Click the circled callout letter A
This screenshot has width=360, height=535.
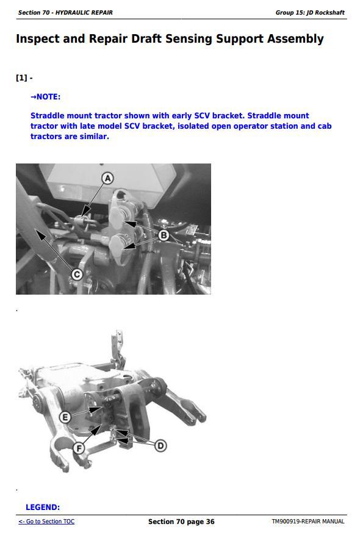[107, 178]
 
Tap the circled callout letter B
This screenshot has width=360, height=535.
[164, 235]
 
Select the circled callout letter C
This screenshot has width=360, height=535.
[77, 275]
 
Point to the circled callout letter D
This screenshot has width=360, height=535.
[160, 445]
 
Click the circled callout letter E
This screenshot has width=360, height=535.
[65, 417]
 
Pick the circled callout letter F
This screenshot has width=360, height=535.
[79, 448]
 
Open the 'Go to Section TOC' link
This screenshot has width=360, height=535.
[46, 522]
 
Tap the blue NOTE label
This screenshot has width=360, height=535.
[45, 96]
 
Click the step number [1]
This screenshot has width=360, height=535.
[21, 78]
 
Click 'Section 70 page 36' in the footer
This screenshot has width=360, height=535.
[181, 522]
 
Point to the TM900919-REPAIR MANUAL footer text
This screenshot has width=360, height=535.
[308, 522]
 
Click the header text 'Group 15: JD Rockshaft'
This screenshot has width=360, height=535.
[310, 13]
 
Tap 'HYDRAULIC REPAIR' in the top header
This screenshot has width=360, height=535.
[84, 13]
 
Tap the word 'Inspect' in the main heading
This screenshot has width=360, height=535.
[38, 39]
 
